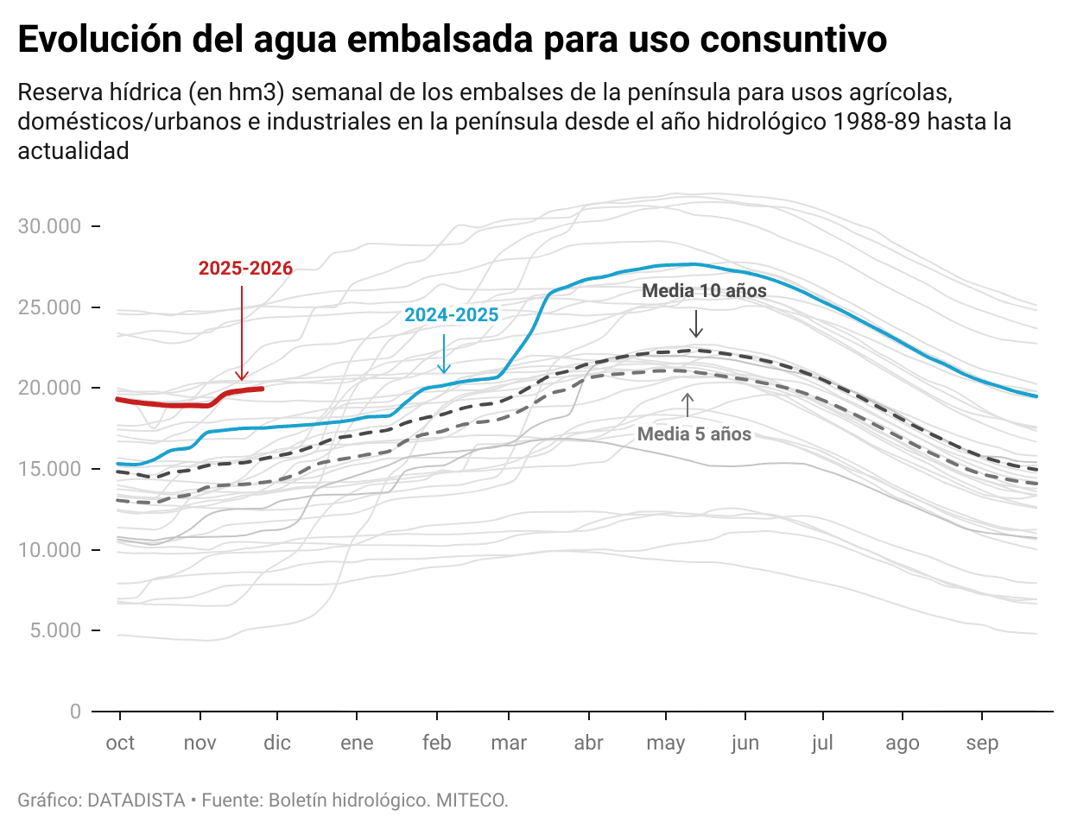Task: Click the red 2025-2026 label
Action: pos(245,269)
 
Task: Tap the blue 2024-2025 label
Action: pos(452,315)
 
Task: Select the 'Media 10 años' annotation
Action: pos(704,291)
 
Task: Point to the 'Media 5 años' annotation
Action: pos(694,434)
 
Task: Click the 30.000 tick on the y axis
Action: pos(50,226)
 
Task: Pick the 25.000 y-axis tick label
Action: pos(50,307)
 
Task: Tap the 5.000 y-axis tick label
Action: pos(55,630)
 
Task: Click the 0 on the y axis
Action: pos(75,712)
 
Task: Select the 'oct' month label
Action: pos(120,744)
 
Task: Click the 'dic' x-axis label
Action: pos(277,744)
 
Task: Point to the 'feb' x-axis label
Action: pos(437,744)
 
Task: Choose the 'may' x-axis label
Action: pos(666,744)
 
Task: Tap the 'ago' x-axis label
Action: pos(903,744)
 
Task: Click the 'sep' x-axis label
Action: pos(982,744)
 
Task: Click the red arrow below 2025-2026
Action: pos(242,332)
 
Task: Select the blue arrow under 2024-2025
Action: pos(444,354)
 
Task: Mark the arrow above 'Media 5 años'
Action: pos(688,405)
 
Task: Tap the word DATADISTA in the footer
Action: pos(136,801)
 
